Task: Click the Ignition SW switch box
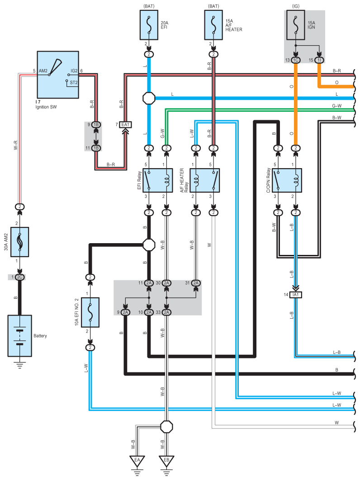click(58, 75)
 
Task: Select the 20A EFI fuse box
click(149, 25)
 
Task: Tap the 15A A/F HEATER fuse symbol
click(213, 25)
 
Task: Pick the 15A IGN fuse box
click(296, 25)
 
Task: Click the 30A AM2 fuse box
click(19, 242)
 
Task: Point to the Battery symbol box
click(19, 336)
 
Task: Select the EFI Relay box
click(157, 180)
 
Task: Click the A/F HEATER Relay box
click(205, 180)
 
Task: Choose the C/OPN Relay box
click(287, 180)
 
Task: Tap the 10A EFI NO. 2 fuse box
click(90, 312)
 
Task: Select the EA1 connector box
click(125, 125)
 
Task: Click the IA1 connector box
click(296, 295)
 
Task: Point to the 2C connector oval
click(19, 277)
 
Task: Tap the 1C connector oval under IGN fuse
click(296, 60)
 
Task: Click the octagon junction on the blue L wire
click(149, 98)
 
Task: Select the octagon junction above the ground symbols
click(166, 426)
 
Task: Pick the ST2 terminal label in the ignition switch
click(74, 83)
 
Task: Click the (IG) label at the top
click(296, 6)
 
